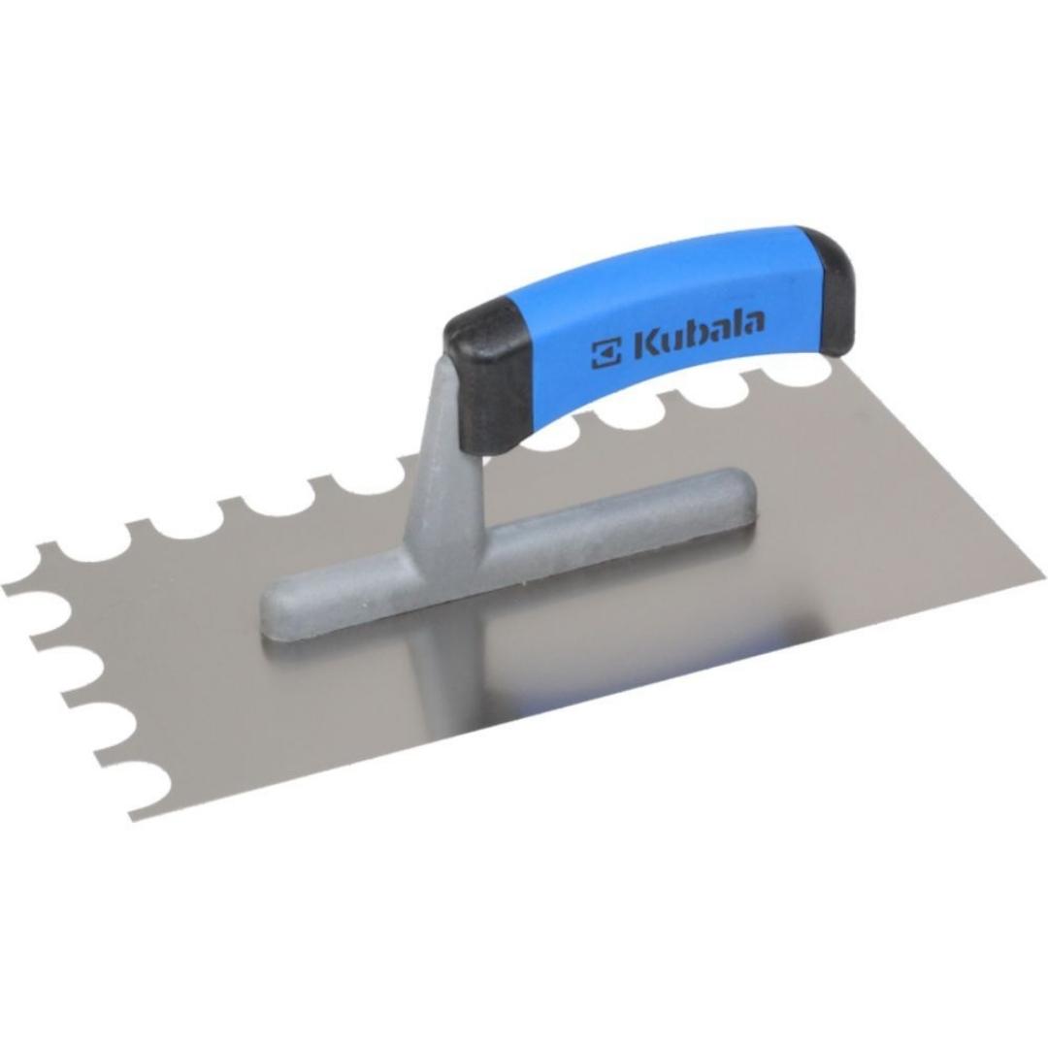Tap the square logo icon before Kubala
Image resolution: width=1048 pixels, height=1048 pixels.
tap(606, 353)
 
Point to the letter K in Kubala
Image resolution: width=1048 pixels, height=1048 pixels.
tap(645, 344)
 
